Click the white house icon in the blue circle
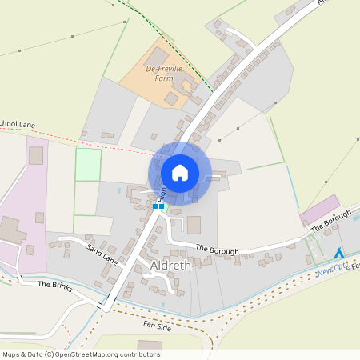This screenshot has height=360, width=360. [x=180, y=172]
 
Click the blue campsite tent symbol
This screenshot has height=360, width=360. [x=339, y=253]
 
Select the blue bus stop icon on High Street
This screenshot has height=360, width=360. [x=158, y=206]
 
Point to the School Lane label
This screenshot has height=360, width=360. [x=18, y=124]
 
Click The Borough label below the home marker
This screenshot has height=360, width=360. [x=218, y=250]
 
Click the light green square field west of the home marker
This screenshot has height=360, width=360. [x=88, y=165]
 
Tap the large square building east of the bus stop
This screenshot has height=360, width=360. [x=194, y=225]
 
